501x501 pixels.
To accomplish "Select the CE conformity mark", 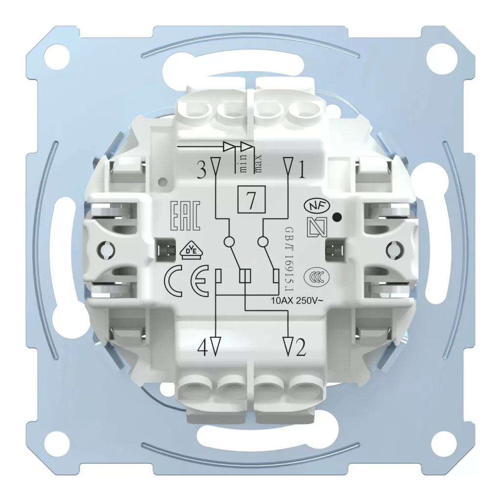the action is tap(186, 280).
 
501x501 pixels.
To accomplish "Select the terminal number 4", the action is tap(203, 347).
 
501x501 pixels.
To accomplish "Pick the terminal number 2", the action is tap(301, 347).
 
